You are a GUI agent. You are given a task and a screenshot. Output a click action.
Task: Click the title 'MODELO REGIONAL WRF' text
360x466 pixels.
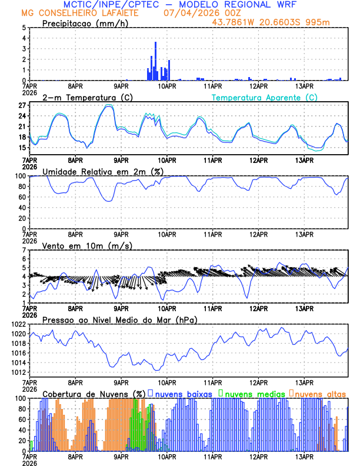(254, 4)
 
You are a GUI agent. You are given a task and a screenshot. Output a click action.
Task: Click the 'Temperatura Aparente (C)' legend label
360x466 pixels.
(265, 97)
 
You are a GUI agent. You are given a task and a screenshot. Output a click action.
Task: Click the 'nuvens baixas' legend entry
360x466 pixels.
(183, 393)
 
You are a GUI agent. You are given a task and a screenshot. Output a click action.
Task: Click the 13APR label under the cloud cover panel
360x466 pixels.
(304, 457)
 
